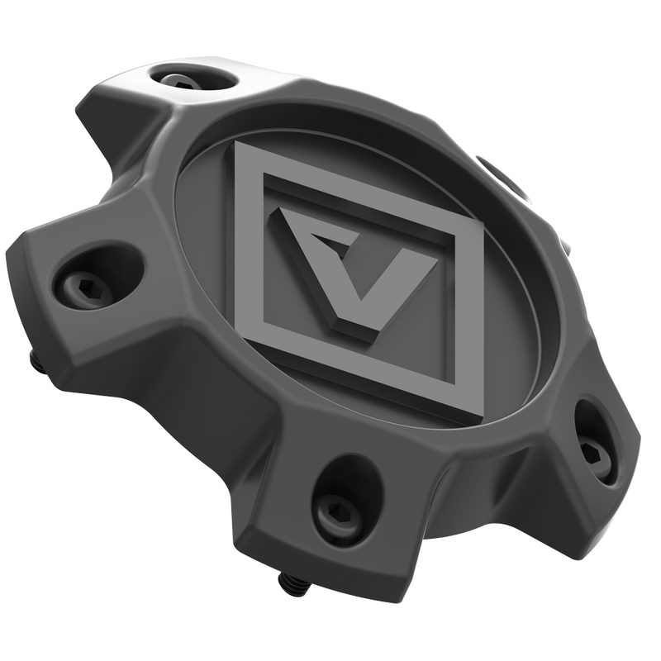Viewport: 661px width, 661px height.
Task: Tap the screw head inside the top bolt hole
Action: coord(184,80)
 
